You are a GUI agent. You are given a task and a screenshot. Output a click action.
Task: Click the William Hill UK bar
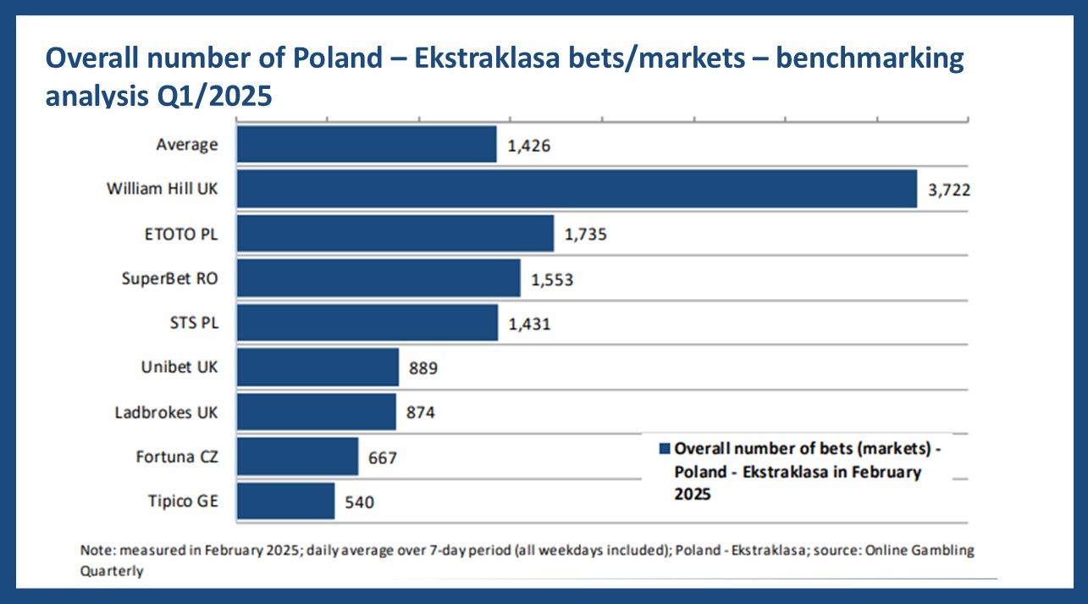click(576, 188)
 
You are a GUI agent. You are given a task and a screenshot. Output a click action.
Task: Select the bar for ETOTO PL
click(395, 233)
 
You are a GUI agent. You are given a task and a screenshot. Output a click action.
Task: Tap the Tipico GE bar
click(285, 501)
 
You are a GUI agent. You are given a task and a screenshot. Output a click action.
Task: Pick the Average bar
click(366, 144)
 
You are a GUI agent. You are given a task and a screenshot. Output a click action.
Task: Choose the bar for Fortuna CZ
click(297, 457)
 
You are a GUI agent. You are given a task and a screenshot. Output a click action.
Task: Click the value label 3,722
click(948, 190)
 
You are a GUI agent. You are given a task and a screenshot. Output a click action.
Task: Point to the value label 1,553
click(552, 279)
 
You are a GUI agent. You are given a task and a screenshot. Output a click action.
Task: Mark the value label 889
click(422, 368)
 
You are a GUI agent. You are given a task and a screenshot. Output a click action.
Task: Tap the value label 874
click(420, 413)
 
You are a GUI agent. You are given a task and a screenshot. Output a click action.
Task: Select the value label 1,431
click(530, 324)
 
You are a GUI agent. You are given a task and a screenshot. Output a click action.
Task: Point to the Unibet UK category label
click(179, 368)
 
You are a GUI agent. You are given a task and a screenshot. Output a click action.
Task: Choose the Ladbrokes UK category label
click(166, 413)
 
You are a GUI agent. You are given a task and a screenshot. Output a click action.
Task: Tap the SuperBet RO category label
click(169, 278)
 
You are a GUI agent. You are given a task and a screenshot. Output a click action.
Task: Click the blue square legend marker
click(665, 449)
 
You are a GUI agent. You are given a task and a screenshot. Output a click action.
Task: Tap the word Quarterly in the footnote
click(112, 571)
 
